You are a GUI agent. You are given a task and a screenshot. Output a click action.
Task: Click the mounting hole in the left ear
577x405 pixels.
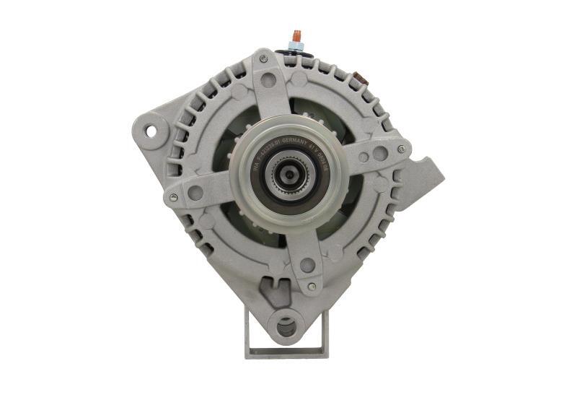pos(151,131)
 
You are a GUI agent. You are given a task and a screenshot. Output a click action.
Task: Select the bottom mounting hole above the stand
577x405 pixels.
pos(287,326)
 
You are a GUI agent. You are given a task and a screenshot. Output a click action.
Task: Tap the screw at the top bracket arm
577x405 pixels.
pos(263,57)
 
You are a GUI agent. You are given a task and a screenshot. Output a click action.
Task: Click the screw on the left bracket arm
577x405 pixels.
pos(173,197)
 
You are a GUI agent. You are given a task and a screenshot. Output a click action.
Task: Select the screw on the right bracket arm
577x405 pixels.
pos(401,149)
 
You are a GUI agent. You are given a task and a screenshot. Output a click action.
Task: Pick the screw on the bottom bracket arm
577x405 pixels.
pos(311,287)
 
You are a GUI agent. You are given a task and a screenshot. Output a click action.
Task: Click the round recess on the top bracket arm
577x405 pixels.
pos(268,79)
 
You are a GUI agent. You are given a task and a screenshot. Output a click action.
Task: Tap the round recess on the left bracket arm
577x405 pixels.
pos(195,193)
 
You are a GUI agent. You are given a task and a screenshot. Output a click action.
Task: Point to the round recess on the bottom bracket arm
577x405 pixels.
pos(307,265)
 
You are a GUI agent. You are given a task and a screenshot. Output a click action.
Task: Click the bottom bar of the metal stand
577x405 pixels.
pos(286,354)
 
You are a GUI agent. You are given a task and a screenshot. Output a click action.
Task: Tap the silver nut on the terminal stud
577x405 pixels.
pos(296,45)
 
